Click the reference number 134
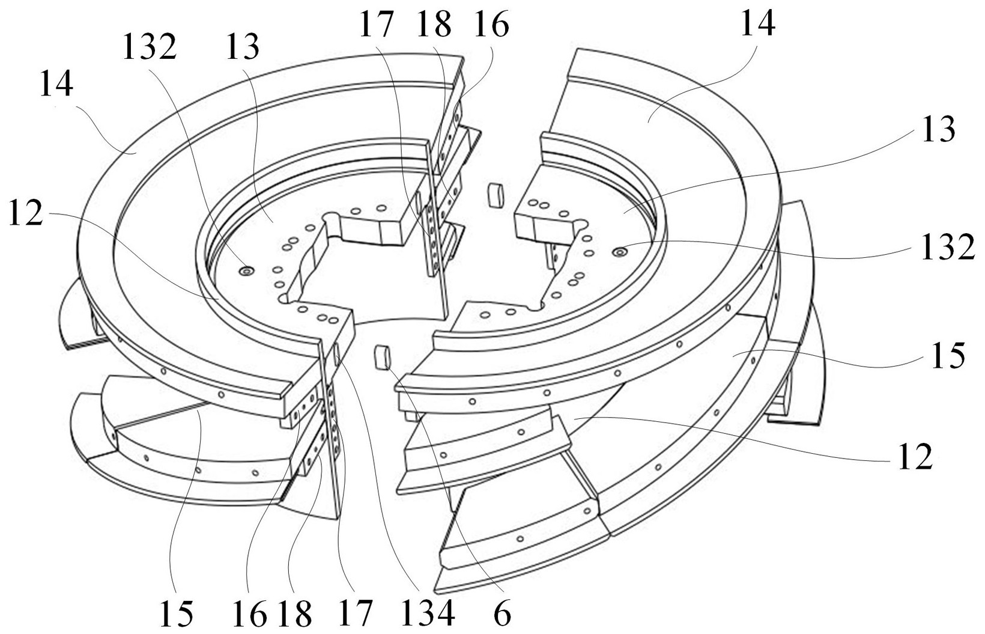coord(428,612)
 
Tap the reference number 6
coord(502,612)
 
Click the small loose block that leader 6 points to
coord(382,357)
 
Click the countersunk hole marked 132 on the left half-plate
coord(246,271)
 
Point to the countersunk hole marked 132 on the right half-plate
coord(620,252)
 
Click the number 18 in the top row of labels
coord(434,25)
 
